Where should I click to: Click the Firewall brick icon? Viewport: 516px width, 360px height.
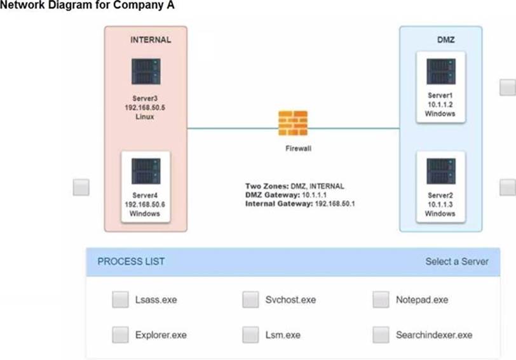[x=293, y=123]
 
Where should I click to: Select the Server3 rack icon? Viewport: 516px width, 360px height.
[x=146, y=71]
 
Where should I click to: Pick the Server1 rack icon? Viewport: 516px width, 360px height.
[x=441, y=71]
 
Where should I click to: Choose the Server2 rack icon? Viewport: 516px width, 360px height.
[x=441, y=171]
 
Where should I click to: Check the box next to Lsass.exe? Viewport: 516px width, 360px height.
[x=120, y=300]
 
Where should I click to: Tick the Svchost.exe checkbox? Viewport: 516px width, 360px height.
[x=250, y=300]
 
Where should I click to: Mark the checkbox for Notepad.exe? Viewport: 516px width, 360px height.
[x=381, y=300]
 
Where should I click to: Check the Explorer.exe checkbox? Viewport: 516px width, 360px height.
[x=120, y=334]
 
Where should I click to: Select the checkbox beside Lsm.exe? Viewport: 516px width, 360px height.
[x=250, y=334]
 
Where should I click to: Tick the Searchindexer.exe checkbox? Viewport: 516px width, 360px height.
[x=381, y=334]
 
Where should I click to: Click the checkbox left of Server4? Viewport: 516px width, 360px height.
[x=81, y=187]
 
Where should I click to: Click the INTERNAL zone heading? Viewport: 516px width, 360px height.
[x=151, y=39]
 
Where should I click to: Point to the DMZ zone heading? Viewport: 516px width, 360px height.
[x=445, y=39]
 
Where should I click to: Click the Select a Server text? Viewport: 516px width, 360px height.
[x=457, y=262]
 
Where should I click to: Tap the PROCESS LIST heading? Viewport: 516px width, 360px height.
[x=131, y=262]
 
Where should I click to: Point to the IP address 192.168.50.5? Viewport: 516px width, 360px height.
[x=146, y=108]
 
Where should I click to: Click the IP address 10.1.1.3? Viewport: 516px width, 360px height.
[x=440, y=204]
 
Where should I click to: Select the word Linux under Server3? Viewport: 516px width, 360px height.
[x=146, y=117]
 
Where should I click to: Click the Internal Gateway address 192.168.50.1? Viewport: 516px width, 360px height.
[x=334, y=204]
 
